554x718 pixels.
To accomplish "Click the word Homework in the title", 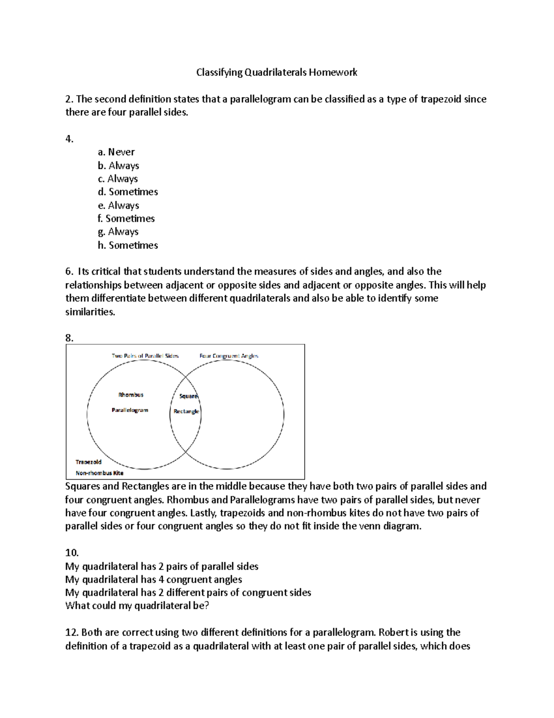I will coord(333,73).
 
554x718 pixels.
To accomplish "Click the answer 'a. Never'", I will coord(116,152).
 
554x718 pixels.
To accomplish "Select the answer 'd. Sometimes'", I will coord(127,192).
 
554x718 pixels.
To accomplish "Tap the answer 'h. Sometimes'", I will coord(127,245).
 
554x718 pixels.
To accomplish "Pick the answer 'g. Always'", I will coord(118,232).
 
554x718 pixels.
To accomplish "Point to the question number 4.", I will coord(69,139).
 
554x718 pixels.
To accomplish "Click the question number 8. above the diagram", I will coord(69,338).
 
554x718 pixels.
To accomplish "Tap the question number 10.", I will coord(72,552).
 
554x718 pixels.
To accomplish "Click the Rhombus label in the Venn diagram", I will coord(131,395).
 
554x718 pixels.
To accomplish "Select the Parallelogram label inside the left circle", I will coord(130,410).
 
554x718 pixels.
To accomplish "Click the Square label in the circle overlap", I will coord(188,396).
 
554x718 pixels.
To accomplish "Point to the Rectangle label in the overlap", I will coord(187,411).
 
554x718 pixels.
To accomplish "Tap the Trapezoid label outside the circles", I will coord(89,462).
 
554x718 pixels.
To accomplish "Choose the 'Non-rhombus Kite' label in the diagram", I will coord(99,473).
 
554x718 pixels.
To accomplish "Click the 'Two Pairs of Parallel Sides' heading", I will coord(145,356).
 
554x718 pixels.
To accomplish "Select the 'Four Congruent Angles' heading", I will coord(229,356).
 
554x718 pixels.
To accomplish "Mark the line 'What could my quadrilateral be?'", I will coord(137,606).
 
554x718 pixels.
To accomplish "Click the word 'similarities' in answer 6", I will coord(90,312).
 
